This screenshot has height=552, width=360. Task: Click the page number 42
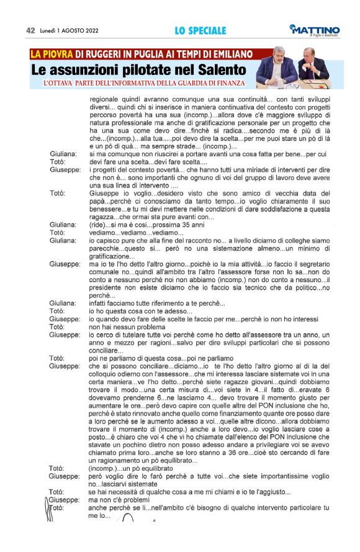point(30,30)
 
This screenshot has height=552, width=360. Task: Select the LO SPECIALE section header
point(200,30)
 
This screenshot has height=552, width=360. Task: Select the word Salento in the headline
point(218,69)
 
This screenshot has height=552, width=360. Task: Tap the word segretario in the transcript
point(290,265)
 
